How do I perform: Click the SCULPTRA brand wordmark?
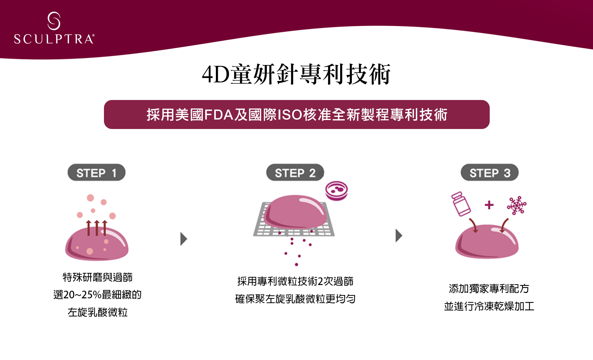54,39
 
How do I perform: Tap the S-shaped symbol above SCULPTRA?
54,21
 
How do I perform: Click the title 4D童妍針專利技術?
296,74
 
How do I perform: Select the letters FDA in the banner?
219,115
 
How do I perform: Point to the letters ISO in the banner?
290,115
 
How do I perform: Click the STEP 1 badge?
96,173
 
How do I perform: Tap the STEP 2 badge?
295,173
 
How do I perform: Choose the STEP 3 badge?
489,173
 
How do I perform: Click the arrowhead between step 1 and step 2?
184,239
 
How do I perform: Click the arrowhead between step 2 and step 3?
399,235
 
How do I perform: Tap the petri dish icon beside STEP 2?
336,190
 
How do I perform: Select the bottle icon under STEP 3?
461,204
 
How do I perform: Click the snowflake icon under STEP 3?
517,205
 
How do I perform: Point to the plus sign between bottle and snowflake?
489,205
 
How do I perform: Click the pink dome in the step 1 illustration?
97,245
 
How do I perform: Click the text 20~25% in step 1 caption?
82,295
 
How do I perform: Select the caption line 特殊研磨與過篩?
98,277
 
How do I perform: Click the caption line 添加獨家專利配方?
489,289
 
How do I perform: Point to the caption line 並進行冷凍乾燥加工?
489,306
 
